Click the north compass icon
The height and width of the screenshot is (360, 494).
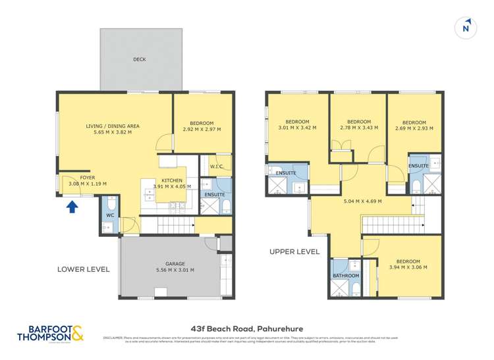coord(466,27)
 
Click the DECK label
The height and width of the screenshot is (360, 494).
coord(139,59)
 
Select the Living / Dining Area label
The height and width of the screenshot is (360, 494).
coord(113,126)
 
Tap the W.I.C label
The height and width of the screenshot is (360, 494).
coord(215,167)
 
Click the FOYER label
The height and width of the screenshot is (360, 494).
coord(87,177)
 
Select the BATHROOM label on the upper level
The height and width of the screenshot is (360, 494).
coord(346,275)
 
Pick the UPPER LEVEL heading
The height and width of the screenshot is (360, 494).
coord(294,251)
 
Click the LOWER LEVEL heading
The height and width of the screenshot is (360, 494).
coord(84,269)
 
